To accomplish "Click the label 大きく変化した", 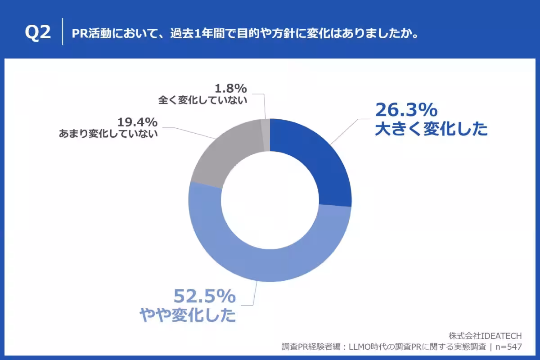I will coord(431,130).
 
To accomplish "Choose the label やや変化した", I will coord(188,315).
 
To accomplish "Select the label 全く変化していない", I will coord(202,100).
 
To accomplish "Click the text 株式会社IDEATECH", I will coord(485,336).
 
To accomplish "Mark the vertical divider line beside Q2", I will coord(62,32).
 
